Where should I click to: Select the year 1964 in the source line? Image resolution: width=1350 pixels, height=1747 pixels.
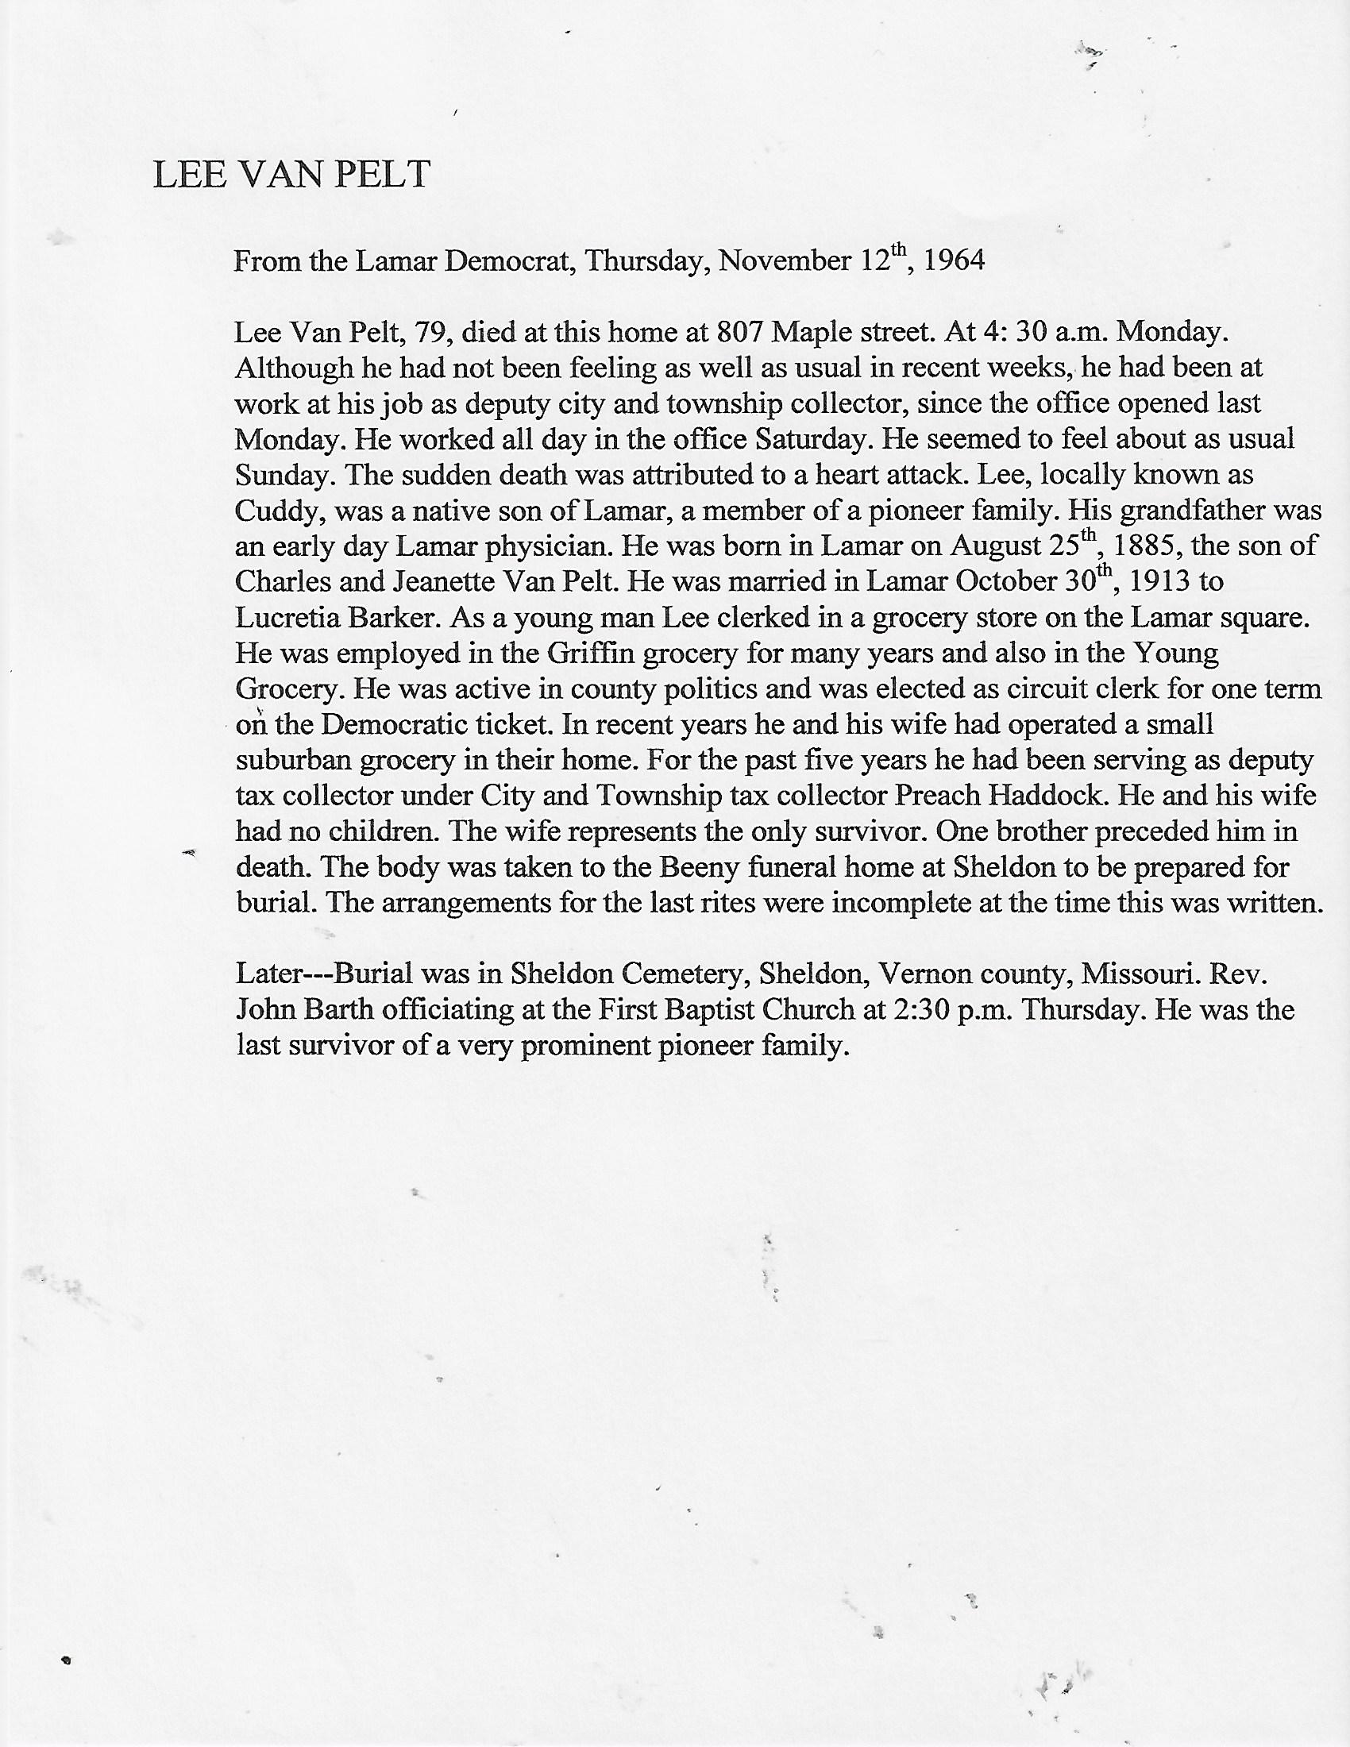point(953,261)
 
